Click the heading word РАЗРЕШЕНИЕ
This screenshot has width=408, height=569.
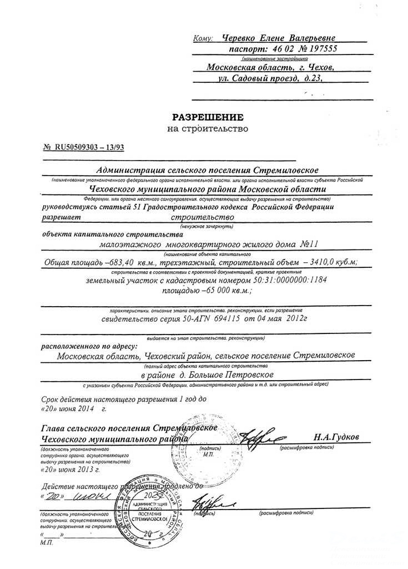208,117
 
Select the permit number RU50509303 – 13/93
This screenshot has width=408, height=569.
89,147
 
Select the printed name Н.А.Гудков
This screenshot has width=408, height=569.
336,437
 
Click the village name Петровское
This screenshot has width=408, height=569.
241,376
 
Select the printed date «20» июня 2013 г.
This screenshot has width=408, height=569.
70,470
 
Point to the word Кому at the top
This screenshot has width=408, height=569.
204,39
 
